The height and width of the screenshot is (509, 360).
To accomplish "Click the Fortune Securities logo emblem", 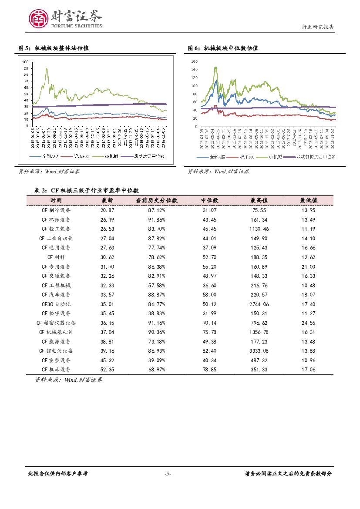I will [x=38, y=18].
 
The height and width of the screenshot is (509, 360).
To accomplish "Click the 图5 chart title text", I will [x=54, y=48].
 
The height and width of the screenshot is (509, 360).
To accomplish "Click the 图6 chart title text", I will [x=223, y=48].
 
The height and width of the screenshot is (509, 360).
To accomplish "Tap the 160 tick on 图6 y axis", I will [x=194, y=61].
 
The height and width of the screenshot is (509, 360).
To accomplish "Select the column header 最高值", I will [x=259, y=200].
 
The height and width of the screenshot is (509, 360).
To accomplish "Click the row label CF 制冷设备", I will [x=56, y=210].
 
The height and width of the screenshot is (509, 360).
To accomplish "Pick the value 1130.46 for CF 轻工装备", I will [x=259, y=229].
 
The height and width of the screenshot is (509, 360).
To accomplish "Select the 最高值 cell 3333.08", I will [x=259, y=351].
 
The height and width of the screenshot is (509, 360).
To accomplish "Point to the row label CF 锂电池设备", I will [x=56, y=351].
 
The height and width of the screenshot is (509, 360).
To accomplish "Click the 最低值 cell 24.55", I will [x=308, y=323].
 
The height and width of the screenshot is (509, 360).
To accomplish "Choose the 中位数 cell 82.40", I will [x=209, y=351].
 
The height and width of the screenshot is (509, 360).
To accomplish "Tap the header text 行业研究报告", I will [x=318, y=27].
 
